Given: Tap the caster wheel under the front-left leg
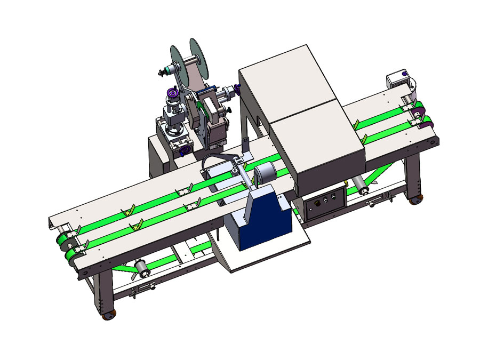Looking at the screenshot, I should pyautogui.click(x=109, y=315).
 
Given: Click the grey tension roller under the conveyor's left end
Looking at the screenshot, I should pyautogui.click(x=141, y=267).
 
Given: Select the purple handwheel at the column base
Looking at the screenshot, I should pyautogui.click(x=184, y=151).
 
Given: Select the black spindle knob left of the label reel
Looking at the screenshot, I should pyautogui.click(x=160, y=71).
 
